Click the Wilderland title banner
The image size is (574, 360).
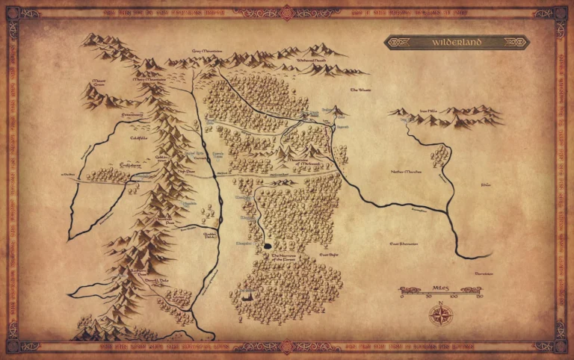pos(457,43)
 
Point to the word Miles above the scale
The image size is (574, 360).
pos(441,286)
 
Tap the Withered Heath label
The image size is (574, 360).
pos(309,58)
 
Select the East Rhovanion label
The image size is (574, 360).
pos(404,243)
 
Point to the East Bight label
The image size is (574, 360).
pos(330,256)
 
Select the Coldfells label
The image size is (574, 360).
pos(138,137)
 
